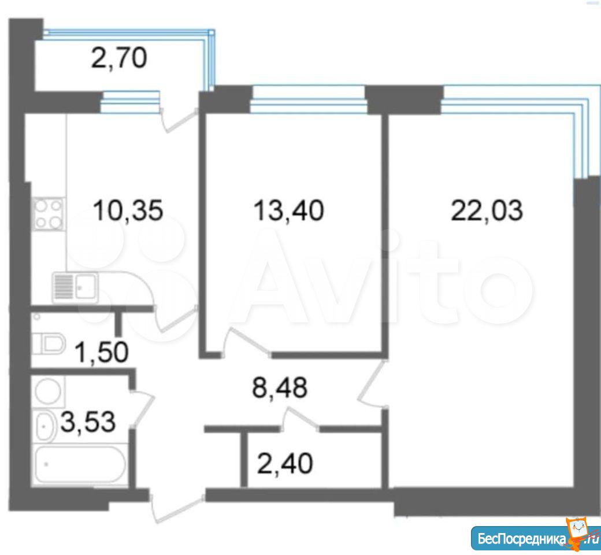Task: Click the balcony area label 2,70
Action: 119,59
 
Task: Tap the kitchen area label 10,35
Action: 128,210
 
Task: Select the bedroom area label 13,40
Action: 289,210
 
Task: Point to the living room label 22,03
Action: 487,210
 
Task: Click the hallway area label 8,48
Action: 280,387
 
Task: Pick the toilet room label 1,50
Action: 101,352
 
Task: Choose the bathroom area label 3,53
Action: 88,422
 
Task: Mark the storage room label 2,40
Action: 285,463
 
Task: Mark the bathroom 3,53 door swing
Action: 143,408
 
